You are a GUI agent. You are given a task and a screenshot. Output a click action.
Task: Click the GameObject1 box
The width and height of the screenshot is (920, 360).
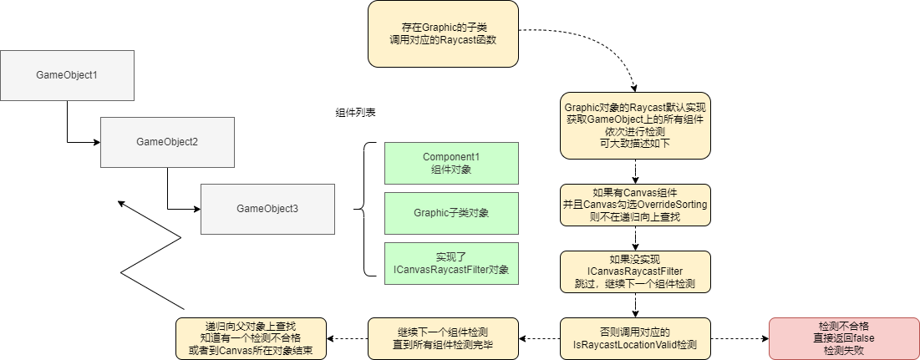tap(67, 75)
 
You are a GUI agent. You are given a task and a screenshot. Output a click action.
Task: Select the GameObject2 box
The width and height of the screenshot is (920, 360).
tap(167, 142)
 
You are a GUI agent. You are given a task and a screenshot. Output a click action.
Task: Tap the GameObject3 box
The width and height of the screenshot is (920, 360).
tap(267, 208)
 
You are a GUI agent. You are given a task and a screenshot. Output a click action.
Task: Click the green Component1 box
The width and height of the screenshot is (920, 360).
tap(451, 163)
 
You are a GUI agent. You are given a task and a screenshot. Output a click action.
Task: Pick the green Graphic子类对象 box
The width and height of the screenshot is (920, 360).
tap(451, 213)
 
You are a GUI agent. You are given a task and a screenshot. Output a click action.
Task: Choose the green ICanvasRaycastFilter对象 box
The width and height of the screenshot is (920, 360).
tap(451, 263)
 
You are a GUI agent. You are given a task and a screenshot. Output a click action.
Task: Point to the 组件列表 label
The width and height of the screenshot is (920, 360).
tap(355, 112)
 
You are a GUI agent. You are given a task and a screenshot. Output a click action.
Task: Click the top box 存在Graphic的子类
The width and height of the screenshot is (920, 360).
tap(443, 33)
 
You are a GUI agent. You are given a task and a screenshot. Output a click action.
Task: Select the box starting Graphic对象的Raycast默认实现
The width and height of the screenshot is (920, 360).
tap(635, 125)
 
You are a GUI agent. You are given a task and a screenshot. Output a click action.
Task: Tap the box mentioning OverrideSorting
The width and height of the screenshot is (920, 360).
tap(635, 205)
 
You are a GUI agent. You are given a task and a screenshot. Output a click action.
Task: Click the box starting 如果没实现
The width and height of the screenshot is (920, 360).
tap(635, 271)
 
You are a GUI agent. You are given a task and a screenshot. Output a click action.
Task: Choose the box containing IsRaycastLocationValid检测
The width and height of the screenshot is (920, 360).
tap(635, 338)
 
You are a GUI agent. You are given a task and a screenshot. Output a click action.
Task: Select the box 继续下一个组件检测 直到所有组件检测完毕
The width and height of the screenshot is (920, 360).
tap(443, 338)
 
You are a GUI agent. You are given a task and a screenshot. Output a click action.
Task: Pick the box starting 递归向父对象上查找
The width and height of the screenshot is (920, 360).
tap(251, 338)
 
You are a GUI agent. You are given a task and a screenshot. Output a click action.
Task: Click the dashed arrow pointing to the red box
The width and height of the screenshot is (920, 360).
tap(740, 338)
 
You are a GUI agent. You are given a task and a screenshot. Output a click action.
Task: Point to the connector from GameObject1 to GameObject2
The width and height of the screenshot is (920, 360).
tap(68, 125)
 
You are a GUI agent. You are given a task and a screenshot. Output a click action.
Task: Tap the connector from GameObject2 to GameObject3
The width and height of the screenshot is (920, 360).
tap(168, 192)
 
